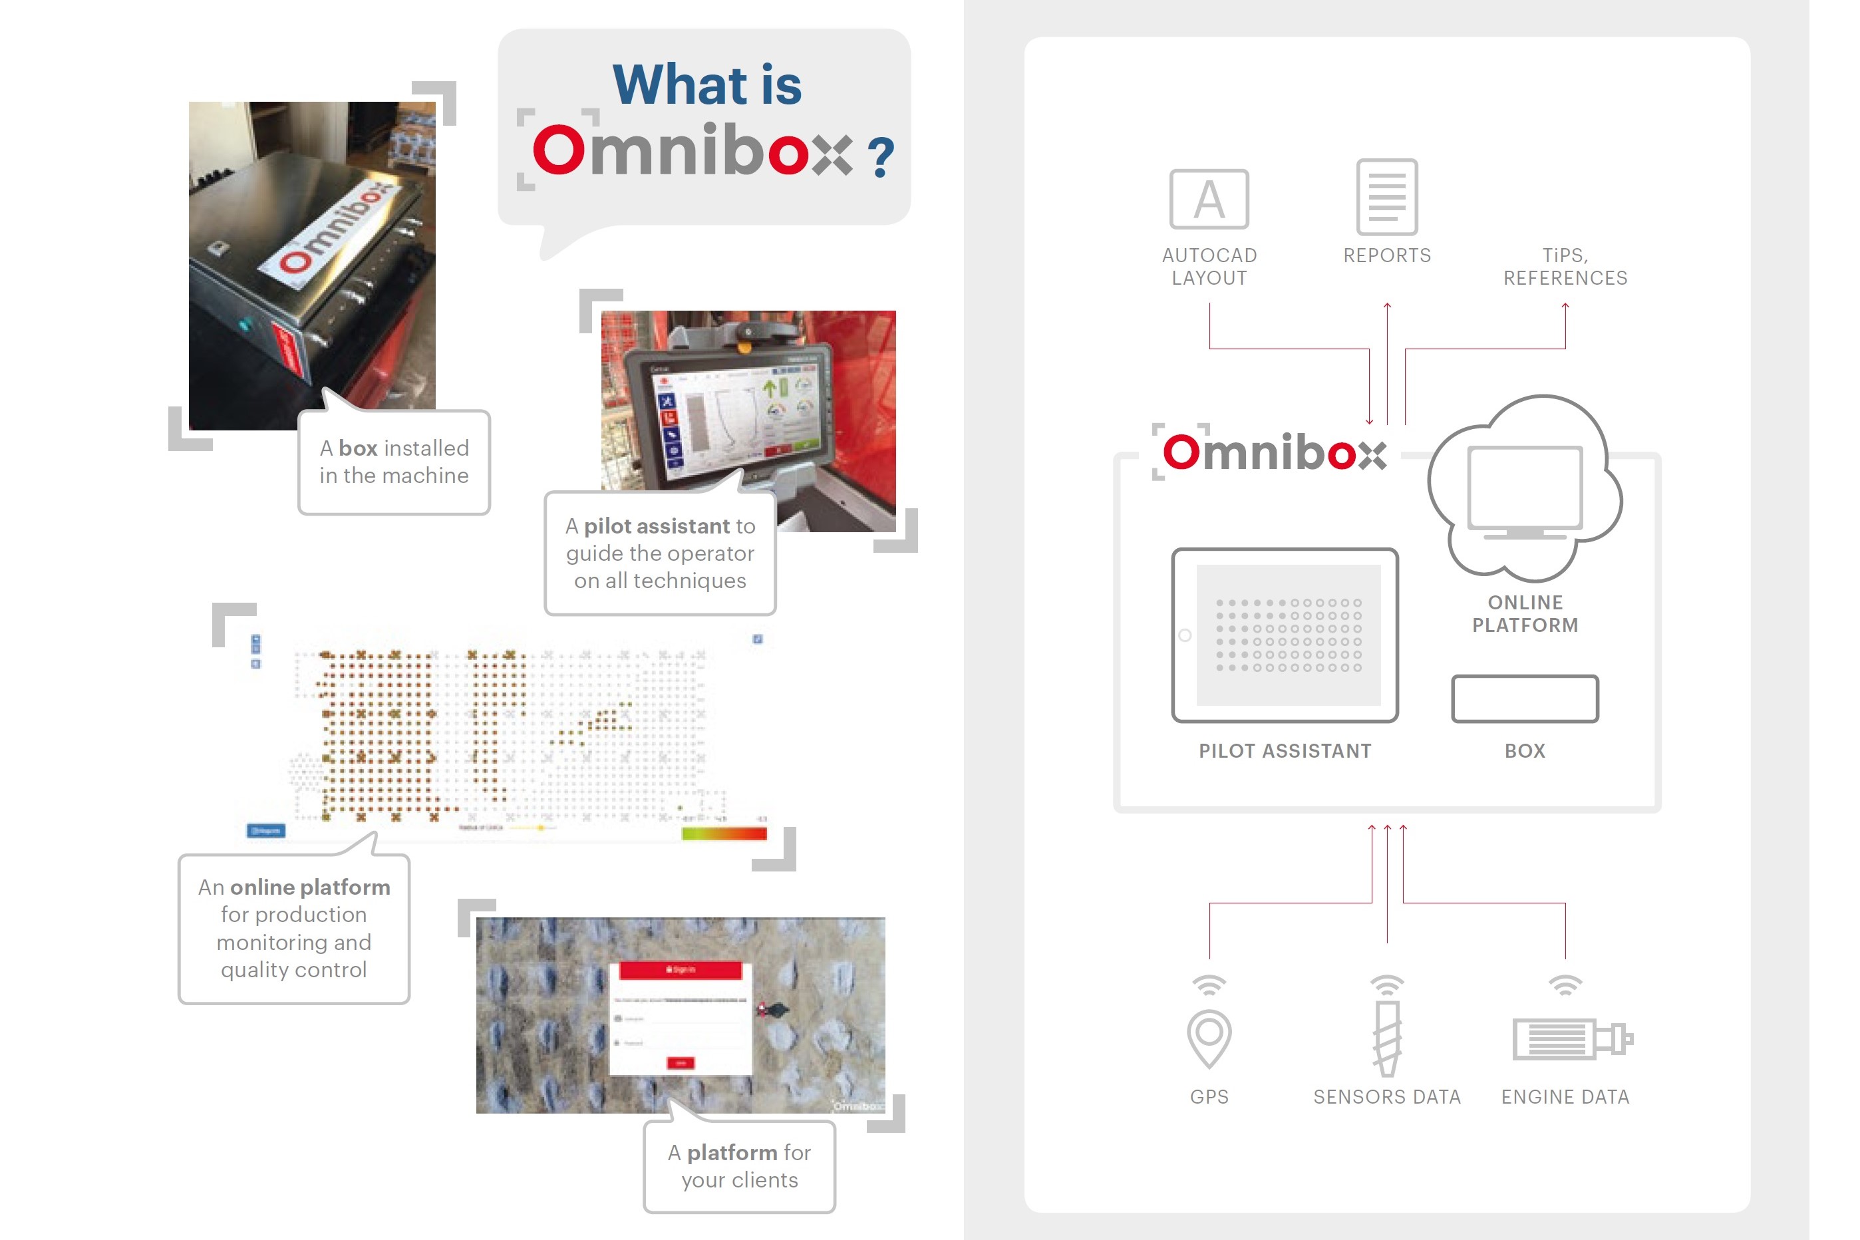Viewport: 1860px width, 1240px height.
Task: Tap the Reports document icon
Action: tap(1386, 197)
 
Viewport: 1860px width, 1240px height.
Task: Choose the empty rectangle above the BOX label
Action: tap(1524, 698)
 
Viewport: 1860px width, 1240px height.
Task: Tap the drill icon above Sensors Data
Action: tap(1386, 1036)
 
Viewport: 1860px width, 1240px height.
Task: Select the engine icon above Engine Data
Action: tap(1570, 1038)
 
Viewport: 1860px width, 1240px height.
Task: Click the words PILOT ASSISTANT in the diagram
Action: tap(1285, 750)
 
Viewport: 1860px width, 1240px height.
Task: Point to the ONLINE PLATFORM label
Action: tap(1525, 613)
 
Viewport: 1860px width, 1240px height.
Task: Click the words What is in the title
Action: tap(707, 84)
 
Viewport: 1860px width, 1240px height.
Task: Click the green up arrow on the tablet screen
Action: tap(768, 388)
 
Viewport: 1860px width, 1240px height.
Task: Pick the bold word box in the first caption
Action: tap(359, 448)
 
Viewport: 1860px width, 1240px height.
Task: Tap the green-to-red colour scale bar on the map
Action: tap(724, 833)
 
